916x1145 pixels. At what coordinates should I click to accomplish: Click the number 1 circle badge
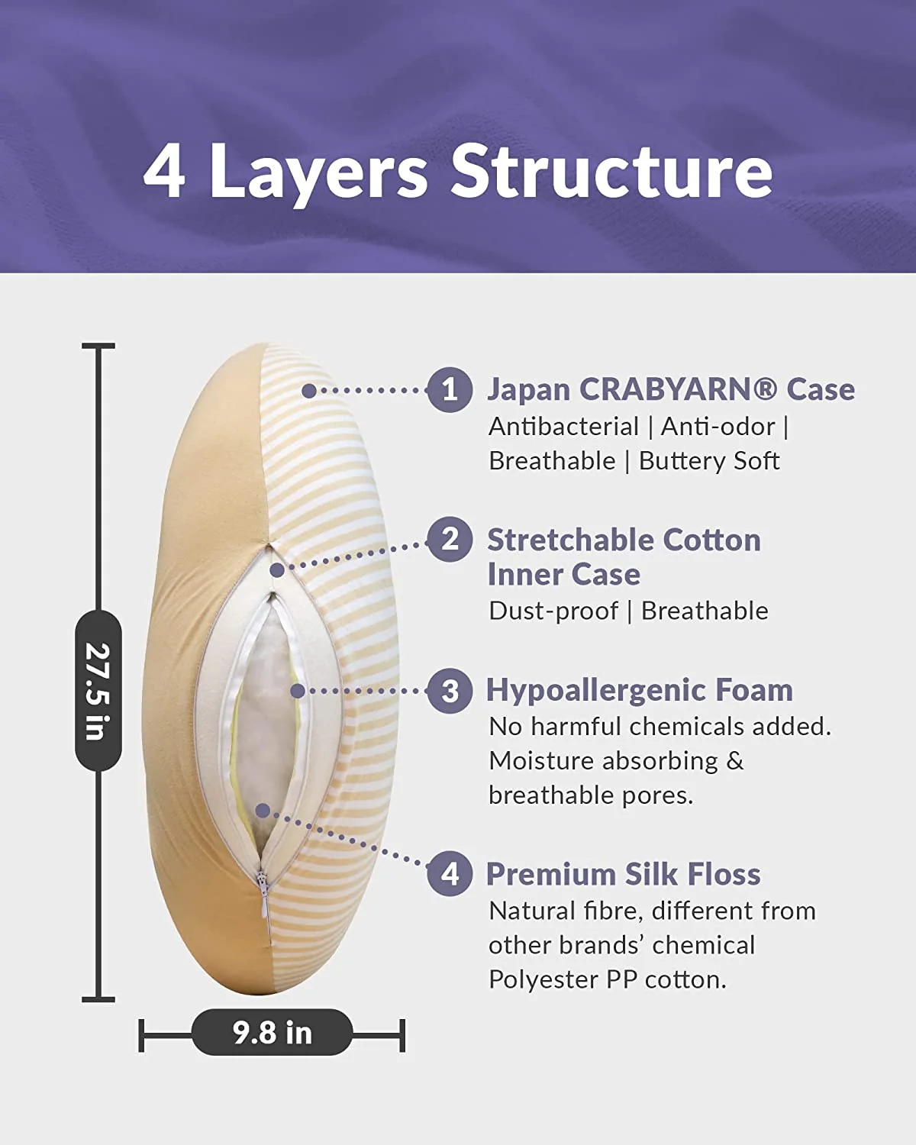(450, 390)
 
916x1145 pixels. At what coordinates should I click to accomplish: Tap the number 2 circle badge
(450, 540)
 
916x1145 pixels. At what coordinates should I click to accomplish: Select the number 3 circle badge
(450, 691)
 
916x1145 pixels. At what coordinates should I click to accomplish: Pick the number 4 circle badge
(450, 874)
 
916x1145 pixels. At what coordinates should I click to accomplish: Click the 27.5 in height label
(98, 691)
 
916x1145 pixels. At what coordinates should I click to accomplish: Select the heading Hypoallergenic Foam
(640, 691)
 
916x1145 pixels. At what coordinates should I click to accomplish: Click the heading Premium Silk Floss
(624, 874)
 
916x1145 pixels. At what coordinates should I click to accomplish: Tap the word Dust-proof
(553, 611)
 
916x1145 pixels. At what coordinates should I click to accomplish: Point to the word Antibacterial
(563, 426)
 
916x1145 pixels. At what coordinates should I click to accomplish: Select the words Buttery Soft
(709, 461)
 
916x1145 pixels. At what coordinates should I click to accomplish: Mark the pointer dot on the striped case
(308, 391)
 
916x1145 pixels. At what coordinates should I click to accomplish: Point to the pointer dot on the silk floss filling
(263, 811)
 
